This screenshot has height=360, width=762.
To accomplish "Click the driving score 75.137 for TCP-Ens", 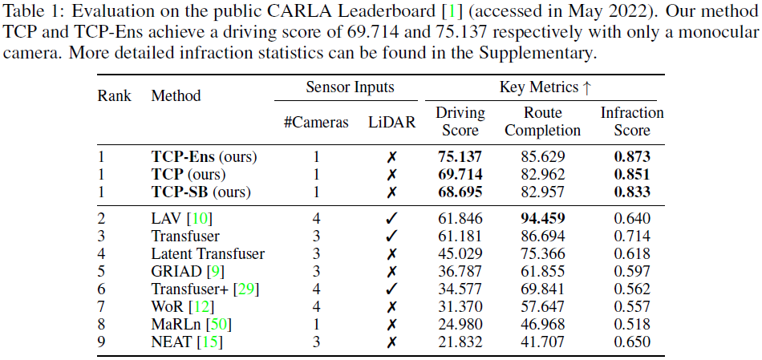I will tap(460, 156).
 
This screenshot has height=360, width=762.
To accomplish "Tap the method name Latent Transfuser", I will tap(208, 254).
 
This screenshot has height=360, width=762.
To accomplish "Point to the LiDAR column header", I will tap(392, 123).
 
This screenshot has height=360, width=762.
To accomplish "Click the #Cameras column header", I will tap(316, 123).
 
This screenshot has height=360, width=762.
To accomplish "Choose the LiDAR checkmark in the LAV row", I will tap(392, 218).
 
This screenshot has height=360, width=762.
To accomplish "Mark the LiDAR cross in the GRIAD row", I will tap(392, 272).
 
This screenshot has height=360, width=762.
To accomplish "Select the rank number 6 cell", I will tap(102, 289).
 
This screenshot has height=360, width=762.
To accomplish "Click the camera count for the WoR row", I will tap(316, 307).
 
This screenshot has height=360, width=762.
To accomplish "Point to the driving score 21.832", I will tap(460, 342).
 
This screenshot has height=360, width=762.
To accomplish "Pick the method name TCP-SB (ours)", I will tap(201, 192).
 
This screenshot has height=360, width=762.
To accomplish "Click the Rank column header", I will tap(114, 95).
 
